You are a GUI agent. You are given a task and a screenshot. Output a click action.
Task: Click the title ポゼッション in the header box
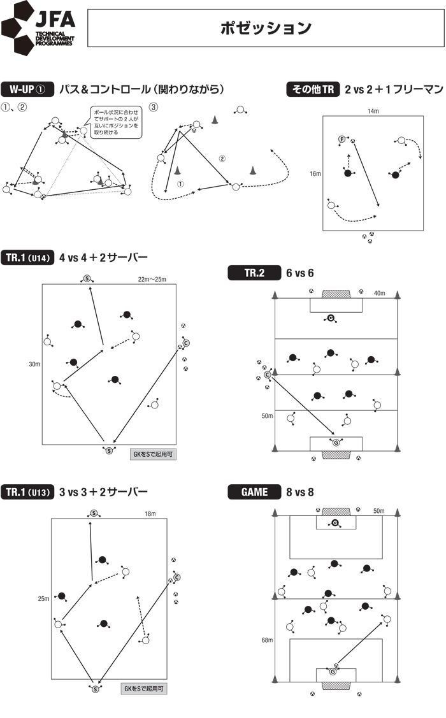pyautogui.click(x=266, y=28)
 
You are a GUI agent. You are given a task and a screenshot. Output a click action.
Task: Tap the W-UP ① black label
pyautogui.click(x=25, y=89)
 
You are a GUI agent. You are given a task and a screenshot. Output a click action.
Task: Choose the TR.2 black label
pyautogui.click(x=254, y=273)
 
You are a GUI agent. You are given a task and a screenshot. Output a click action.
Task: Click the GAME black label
pyautogui.click(x=254, y=492)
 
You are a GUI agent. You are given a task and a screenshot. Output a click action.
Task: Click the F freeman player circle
pyautogui.click(x=342, y=140)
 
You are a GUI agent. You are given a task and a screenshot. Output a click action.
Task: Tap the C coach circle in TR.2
pyautogui.click(x=267, y=375)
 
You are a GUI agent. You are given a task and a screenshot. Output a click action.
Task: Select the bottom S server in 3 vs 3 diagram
pyautogui.click(x=95, y=689)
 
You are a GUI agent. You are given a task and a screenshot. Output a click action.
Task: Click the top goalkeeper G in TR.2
pyautogui.click(x=331, y=318)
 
